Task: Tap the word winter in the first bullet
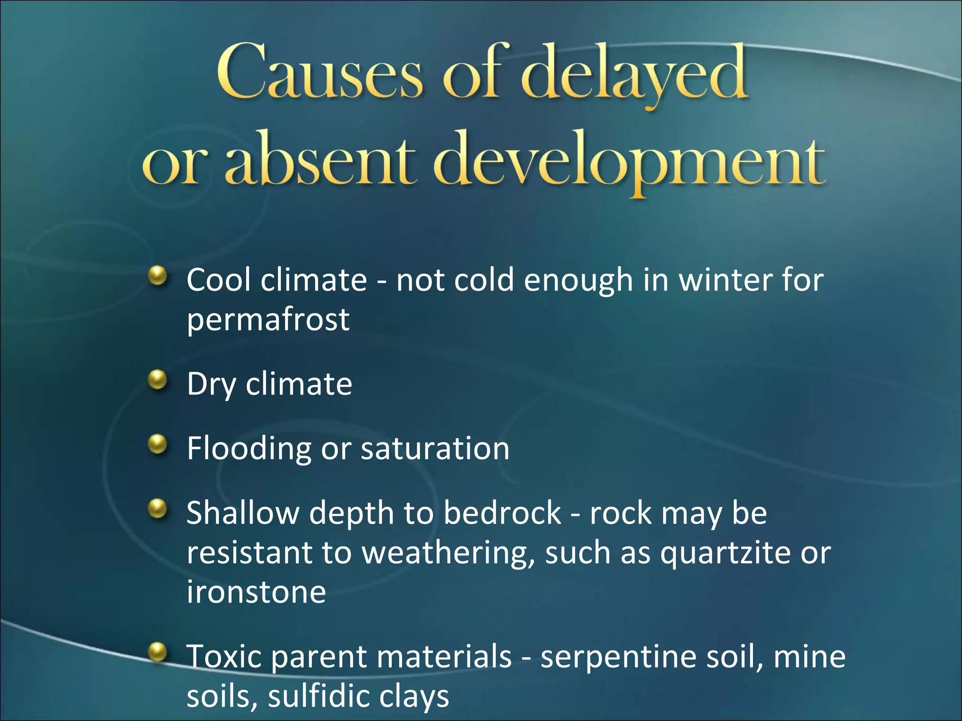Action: tap(726, 280)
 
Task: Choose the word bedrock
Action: tap(502, 513)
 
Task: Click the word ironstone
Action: tap(256, 592)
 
